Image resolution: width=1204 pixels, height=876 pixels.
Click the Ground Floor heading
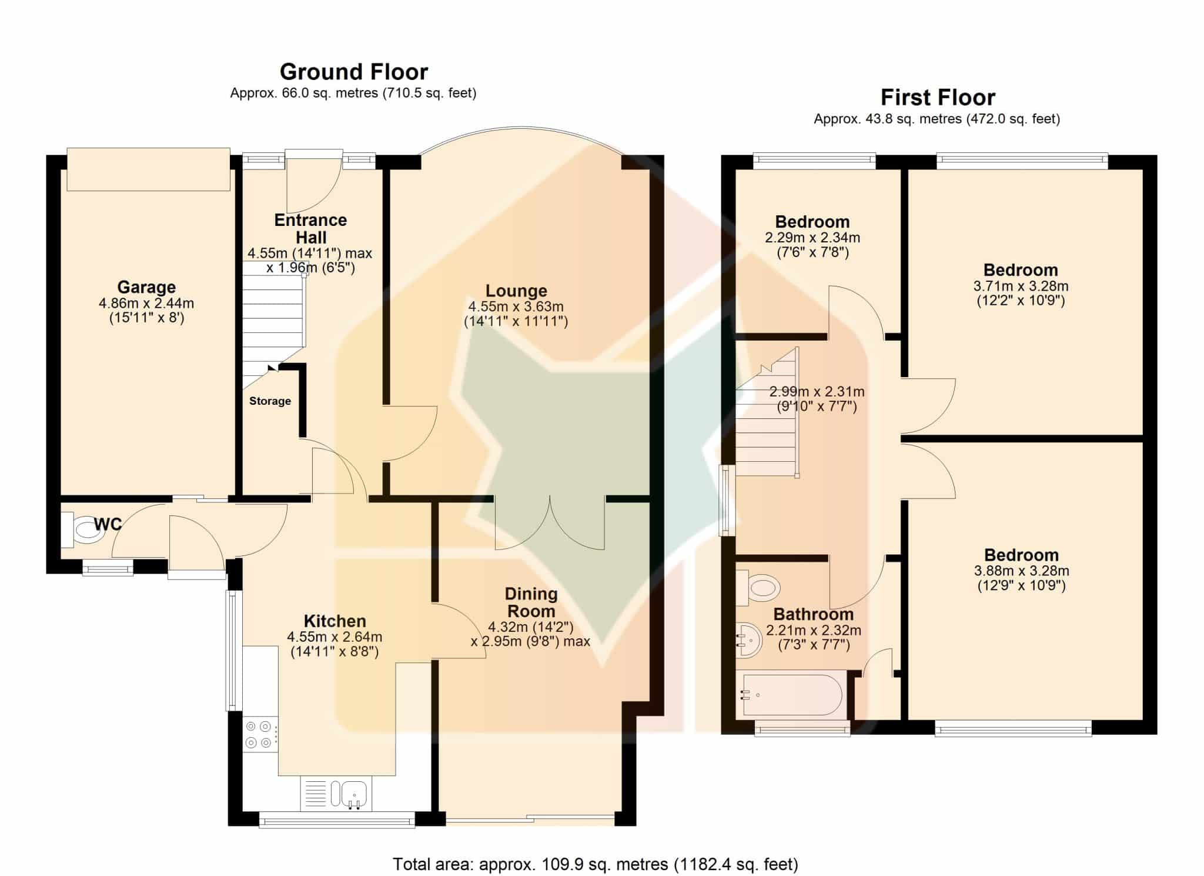(354, 72)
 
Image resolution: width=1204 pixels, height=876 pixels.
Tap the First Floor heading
(938, 97)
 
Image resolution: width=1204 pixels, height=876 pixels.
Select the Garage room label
(146, 287)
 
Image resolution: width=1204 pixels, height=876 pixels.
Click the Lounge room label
(516, 291)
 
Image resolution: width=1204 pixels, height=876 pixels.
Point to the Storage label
(270, 401)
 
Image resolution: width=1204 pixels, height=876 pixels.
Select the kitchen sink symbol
(350, 794)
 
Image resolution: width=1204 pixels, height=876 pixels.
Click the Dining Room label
(531, 602)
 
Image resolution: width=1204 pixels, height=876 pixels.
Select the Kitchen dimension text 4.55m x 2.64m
(335, 637)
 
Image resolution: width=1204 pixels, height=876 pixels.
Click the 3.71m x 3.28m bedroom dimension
(1021, 287)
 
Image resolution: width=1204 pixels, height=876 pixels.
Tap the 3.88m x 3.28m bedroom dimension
(1022, 571)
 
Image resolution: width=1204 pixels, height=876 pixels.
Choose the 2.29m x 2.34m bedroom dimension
(812, 238)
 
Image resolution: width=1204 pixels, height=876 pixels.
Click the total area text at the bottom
(596, 864)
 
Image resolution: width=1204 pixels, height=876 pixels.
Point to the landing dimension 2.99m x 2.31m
(817, 392)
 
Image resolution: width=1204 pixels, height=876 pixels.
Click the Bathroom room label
(814, 614)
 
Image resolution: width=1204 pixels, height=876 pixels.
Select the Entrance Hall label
(311, 229)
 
